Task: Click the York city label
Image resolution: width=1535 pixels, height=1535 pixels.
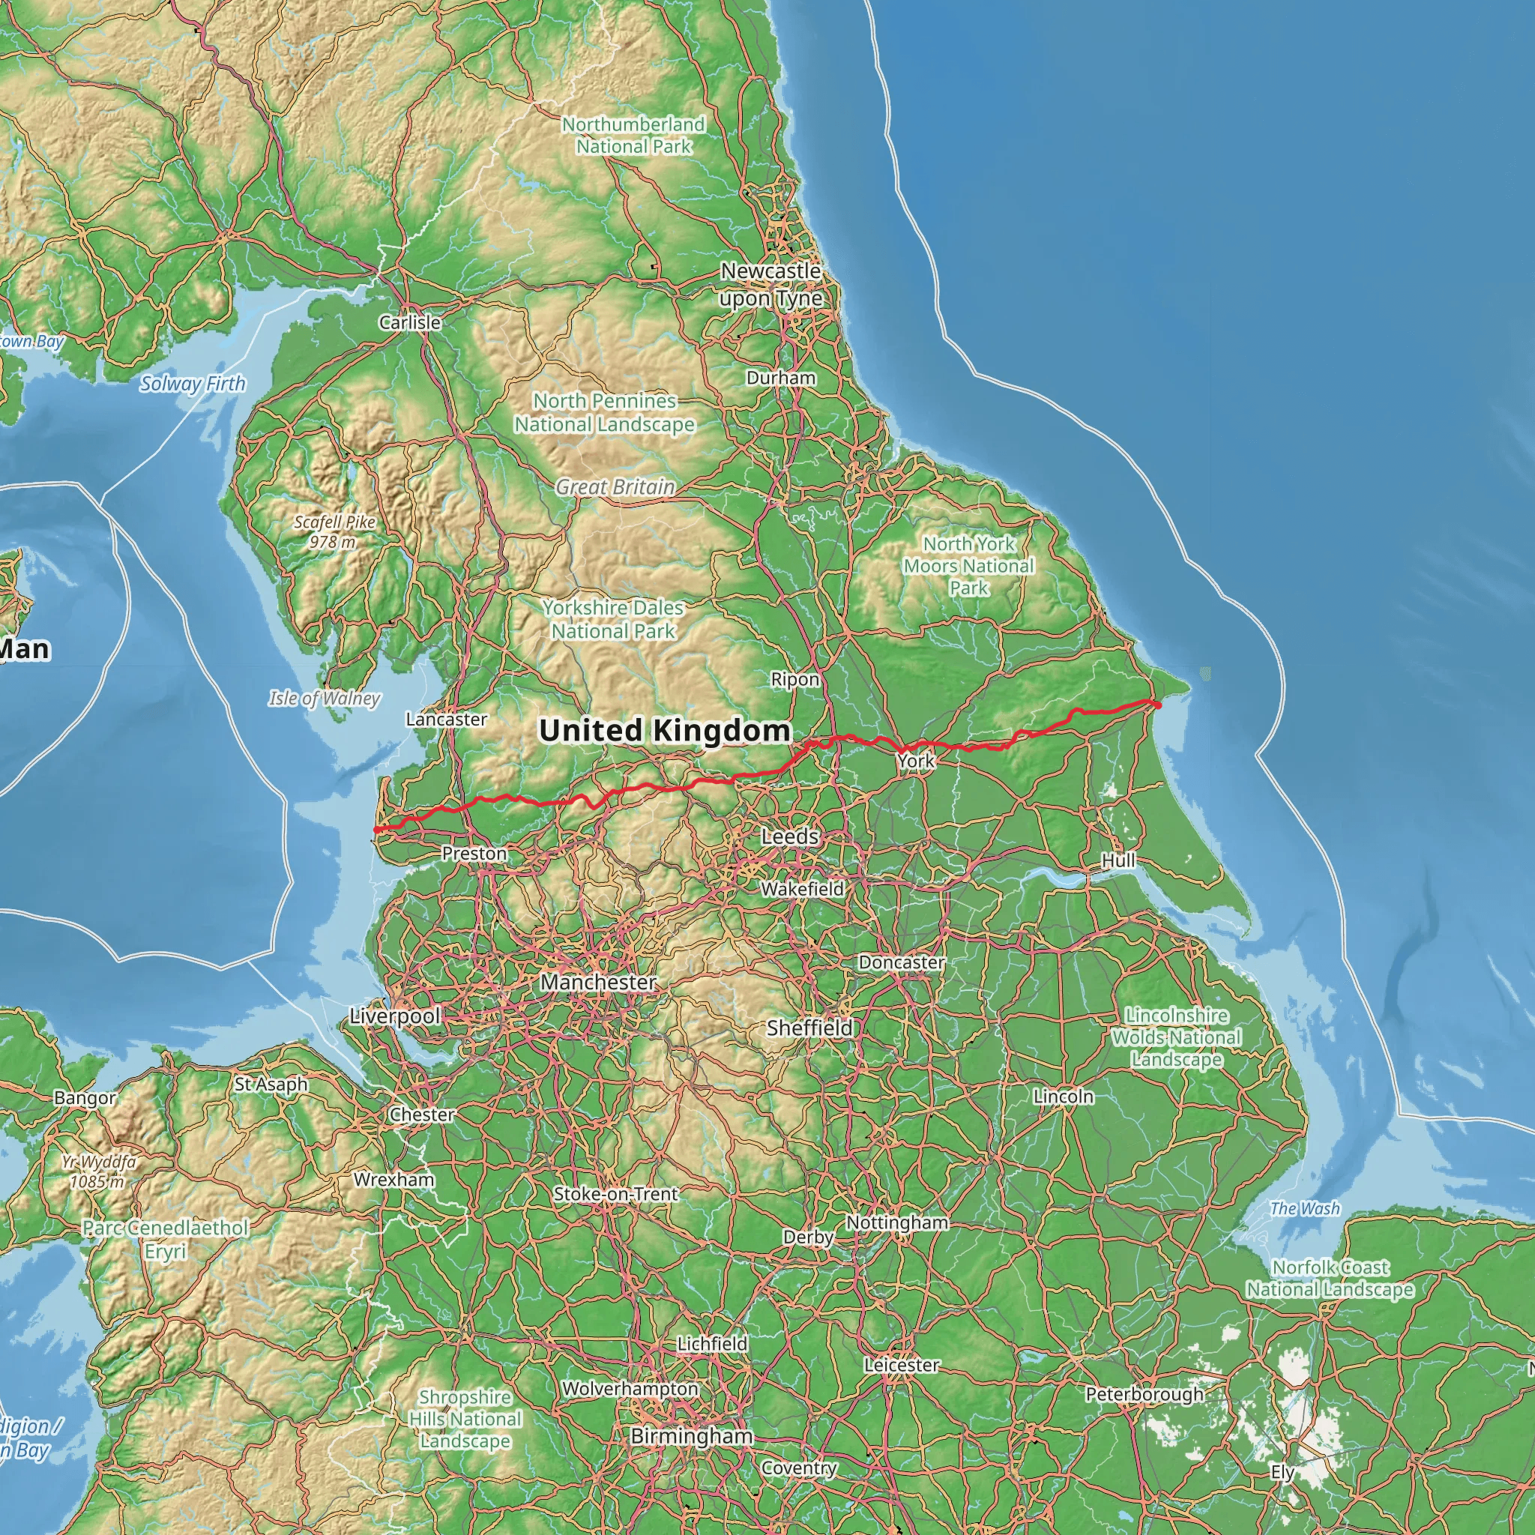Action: [x=916, y=762]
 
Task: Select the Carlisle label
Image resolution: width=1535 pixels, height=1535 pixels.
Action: [x=409, y=322]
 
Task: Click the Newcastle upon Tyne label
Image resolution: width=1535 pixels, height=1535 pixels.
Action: [x=770, y=284]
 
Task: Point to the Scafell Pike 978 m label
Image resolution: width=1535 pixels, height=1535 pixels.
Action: [x=334, y=531]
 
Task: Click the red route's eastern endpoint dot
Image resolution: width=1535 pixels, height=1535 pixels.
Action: [x=1157, y=705]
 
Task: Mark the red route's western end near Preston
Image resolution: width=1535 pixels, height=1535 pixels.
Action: [x=376, y=830]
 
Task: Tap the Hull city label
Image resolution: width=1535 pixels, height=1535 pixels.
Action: [x=1118, y=860]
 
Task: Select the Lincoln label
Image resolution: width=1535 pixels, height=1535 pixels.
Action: [x=1063, y=1097]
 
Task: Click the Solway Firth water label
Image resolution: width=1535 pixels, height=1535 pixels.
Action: [x=193, y=384]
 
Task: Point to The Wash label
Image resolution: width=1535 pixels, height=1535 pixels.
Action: [x=1305, y=1208]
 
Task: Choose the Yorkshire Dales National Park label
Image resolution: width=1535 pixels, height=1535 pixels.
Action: [x=612, y=619]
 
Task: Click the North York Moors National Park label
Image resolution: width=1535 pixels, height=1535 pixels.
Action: [x=968, y=566]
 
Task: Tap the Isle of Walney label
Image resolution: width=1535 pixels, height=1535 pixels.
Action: [x=324, y=699]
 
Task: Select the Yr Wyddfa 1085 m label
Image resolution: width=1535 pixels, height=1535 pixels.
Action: [x=97, y=1171]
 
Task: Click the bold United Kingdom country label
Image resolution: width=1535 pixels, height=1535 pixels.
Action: [x=664, y=730]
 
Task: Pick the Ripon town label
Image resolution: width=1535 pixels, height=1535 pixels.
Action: [x=794, y=679]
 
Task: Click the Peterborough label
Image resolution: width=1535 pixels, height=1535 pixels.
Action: [x=1144, y=1394]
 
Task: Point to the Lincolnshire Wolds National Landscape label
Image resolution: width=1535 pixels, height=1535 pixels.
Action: [x=1176, y=1037]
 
